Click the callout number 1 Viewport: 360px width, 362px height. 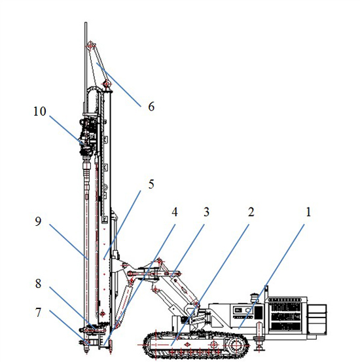tap(308, 212)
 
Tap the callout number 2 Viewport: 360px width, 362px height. tap(251, 212)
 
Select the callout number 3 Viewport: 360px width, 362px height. tap(206, 212)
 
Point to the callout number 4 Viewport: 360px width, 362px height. tap(175, 212)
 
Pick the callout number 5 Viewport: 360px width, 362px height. tap(151, 184)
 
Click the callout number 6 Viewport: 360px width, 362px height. tap(151, 107)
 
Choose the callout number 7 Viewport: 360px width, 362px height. tap(38, 313)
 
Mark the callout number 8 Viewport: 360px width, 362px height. tap(38, 283)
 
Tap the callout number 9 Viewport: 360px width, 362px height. tap(38, 221)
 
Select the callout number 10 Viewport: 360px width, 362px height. tap(40, 111)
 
